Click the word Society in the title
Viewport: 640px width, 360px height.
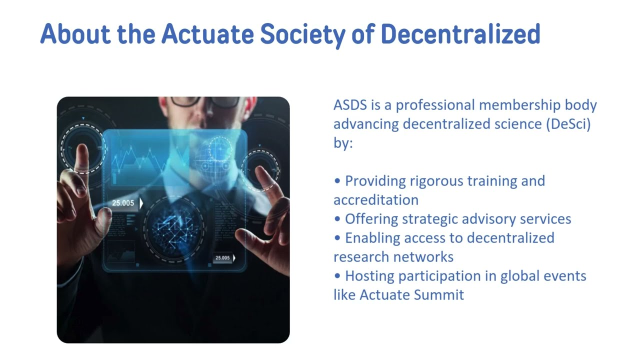click(302, 34)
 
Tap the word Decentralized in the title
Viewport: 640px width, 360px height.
click(460, 34)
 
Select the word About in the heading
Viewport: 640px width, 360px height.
click(75, 34)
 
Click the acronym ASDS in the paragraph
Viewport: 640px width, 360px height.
click(350, 105)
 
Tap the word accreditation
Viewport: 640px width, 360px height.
click(376, 200)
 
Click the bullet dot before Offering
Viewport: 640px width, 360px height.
click(337, 219)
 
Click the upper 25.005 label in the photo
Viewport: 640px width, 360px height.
click(123, 203)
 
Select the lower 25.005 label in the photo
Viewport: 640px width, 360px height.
click(223, 258)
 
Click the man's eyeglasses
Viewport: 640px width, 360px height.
click(200, 101)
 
